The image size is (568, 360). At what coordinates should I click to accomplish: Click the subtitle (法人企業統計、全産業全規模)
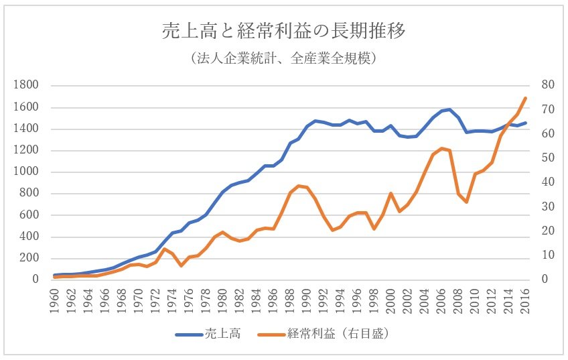point(284,59)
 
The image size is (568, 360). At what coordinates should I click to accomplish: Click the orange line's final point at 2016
point(525,98)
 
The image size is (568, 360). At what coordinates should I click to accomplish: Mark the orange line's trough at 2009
point(466,202)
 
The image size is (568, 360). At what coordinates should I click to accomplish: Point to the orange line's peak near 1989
point(299,186)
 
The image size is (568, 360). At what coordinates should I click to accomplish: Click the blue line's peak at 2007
point(449,109)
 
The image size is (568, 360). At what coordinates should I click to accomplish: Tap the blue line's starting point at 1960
point(55,275)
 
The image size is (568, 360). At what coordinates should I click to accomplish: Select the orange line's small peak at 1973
point(164,249)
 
